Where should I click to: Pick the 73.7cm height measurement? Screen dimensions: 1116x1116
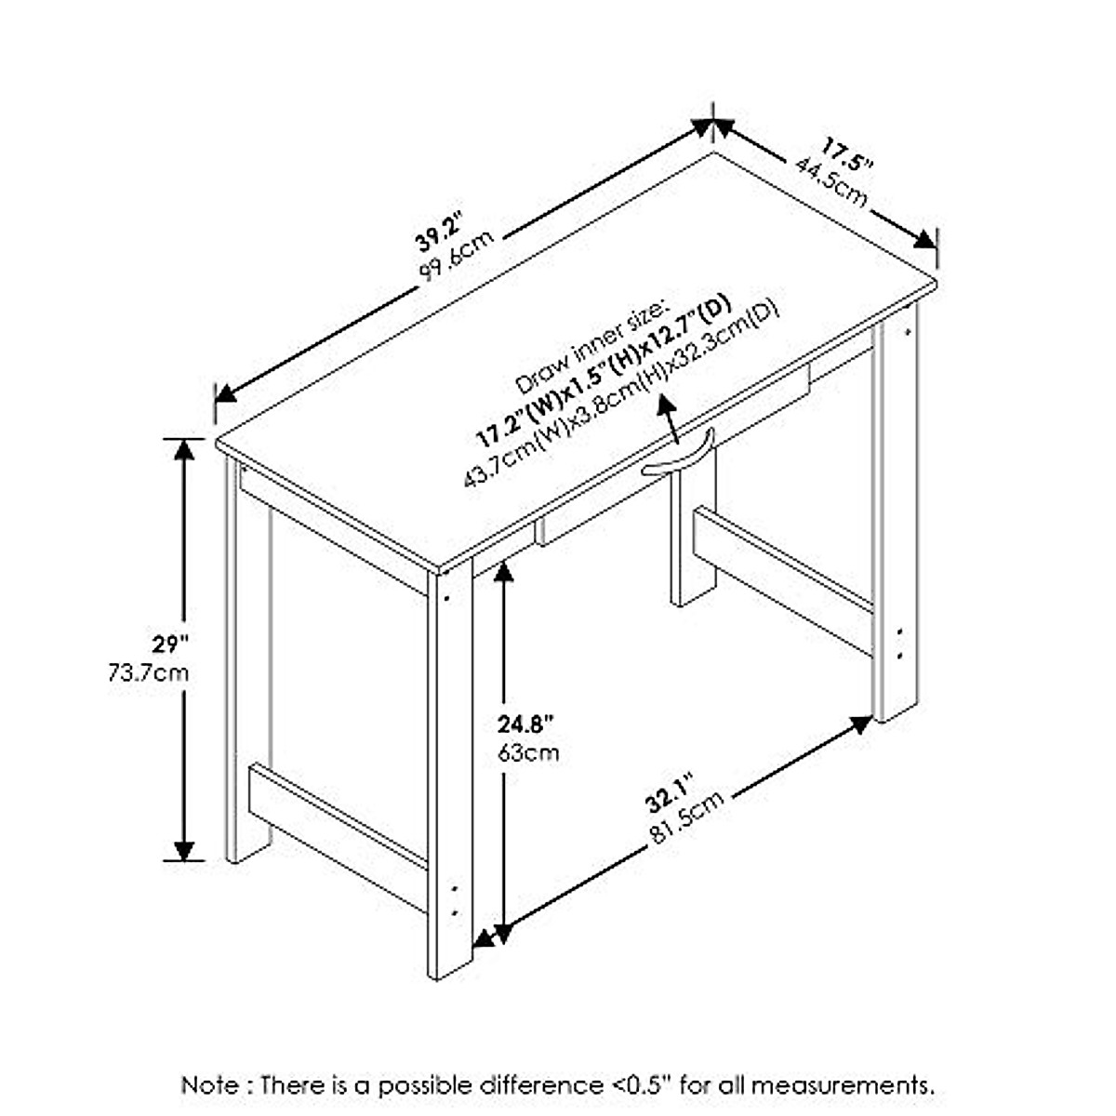[148, 671]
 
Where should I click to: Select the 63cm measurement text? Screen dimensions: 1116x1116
[528, 751]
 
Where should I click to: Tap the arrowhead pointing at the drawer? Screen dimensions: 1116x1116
[665, 404]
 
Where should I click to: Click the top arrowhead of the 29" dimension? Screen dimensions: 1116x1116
[184, 449]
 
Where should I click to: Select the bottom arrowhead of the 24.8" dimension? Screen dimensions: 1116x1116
[503, 933]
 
